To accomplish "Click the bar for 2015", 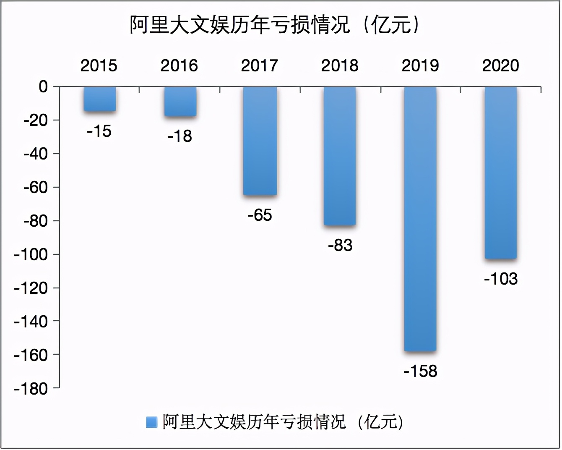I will pos(99,99).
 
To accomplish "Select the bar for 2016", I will pos(180,102).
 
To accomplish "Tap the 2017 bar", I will pos(260,141).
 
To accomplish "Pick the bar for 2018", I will pos(340,156).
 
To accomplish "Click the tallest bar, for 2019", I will pos(420,219).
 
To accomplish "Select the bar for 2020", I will pos(500,173).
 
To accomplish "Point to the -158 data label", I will pos(420,371).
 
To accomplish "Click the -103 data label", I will pos(501,279).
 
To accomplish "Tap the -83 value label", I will pos(340,245).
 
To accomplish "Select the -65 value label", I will pos(260,215).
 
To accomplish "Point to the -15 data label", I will pos(99,131).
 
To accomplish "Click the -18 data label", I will pos(180,136).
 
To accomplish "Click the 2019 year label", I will pos(420,65).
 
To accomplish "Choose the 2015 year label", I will pos(99,65).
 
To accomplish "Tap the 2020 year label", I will pos(501,65).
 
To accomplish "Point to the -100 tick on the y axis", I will pos(31,254).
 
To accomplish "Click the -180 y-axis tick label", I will pos(31,389).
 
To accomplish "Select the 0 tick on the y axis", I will pos(43,87).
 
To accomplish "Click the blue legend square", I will pos(151,422).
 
